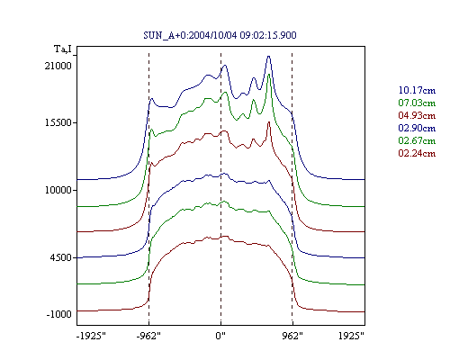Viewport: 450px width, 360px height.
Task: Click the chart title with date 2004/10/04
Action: coord(220,35)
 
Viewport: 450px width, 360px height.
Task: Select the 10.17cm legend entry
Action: coord(417,90)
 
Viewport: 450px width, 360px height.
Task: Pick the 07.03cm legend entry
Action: coord(417,103)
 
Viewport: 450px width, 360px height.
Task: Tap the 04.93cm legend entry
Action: coord(417,115)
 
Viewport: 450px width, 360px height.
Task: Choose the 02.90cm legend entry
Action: coord(417,128)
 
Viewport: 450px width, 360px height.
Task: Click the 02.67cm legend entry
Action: coord(417,140)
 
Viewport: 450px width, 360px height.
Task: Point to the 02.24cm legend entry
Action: coord(417,153)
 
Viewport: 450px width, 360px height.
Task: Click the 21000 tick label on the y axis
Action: coord(58,66)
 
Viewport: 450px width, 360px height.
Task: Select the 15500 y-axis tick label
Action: coord(58,122)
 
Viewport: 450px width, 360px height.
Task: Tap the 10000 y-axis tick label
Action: coord(58,190)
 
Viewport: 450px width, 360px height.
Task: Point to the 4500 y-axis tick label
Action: coord(60,257)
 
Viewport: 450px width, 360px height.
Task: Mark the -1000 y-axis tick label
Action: coord(59,314)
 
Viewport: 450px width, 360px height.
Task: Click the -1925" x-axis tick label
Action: coord(91,336)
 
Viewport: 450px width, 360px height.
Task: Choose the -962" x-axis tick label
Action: coord(148,336)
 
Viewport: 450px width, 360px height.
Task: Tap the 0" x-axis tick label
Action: coord(220,336)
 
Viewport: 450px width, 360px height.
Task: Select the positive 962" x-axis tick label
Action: coord(292,336)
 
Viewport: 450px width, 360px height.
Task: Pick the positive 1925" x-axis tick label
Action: coord(351,336)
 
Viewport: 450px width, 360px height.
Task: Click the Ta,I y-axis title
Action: coord(63,49)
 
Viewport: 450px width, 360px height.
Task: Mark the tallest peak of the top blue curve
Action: coord(269,56)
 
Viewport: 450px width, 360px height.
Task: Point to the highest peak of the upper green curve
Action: coord(269,75)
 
